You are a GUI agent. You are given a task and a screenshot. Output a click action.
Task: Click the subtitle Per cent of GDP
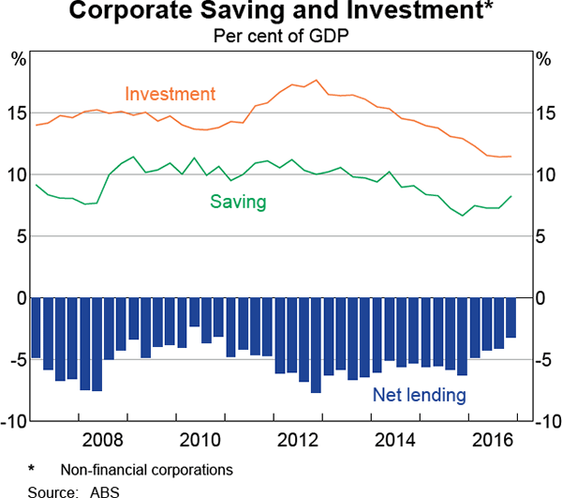pyautogui.click(x=281, y=37)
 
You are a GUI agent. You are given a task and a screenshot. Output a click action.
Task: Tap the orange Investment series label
pyautogui.click(x=170, y=95)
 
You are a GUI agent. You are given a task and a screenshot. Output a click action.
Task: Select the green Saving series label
pyautogui.click(x=238, y=202)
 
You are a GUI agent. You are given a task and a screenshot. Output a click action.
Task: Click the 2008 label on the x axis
pyautogui.click(x=102, y=439)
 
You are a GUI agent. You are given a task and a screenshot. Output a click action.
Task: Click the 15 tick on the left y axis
pyautogui.click(x=17, y=113)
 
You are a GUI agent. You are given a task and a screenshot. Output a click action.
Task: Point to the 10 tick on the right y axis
pyautogui.click(x=544, y=174)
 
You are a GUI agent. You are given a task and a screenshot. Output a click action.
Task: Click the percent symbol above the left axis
pyautogui.click(x=18, y=59)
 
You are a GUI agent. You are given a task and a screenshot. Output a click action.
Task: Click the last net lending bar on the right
pyautogui.click(x=510, y=318)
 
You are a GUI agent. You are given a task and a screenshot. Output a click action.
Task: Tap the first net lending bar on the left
pyautogui.click(x=37, y=328)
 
